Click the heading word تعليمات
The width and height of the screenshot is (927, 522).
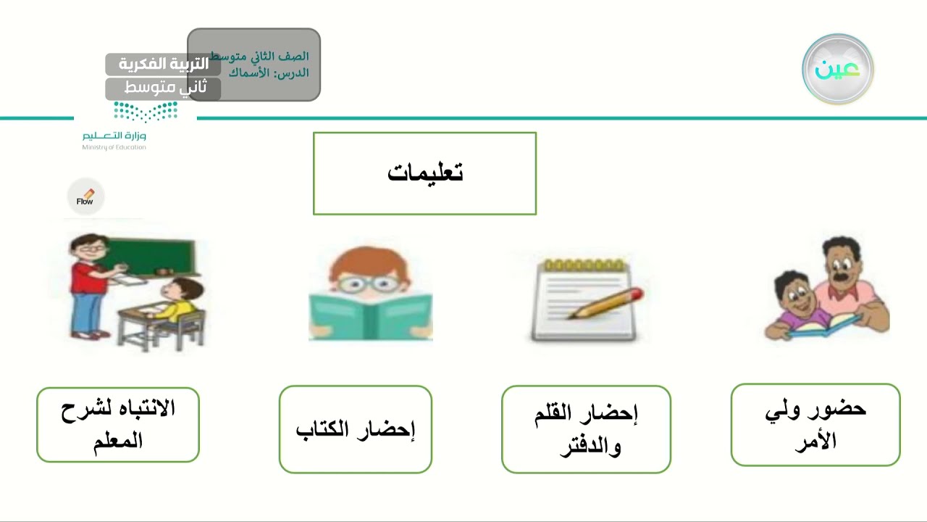pyautogui.click(x=425, y=173)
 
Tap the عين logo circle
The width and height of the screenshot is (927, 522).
pyautogui.click(x=838, y=70)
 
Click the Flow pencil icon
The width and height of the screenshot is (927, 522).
pyautogui.click(x=86, y=196)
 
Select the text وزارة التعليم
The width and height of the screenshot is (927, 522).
pyautogui.click(x=114, y=136)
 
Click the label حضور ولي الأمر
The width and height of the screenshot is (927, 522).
pyautogui.click(x=815, y=425)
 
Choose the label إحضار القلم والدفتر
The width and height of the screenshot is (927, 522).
pyautogui.click(x=586, y=429)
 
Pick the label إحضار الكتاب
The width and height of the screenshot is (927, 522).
pyautogui.click(x=356, y=429)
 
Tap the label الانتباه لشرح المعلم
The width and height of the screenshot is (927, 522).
pyautogui.click(x=118, y=425)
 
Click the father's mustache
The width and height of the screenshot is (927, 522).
pyautogui.click(x=841, y=276)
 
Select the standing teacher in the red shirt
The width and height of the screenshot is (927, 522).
pyautogui.click(x=86, y=286)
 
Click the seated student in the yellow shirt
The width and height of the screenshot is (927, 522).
pyautogui.click(x=177, y=304)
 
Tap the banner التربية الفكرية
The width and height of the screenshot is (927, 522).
pyautogui.click(x=163, y=64)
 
